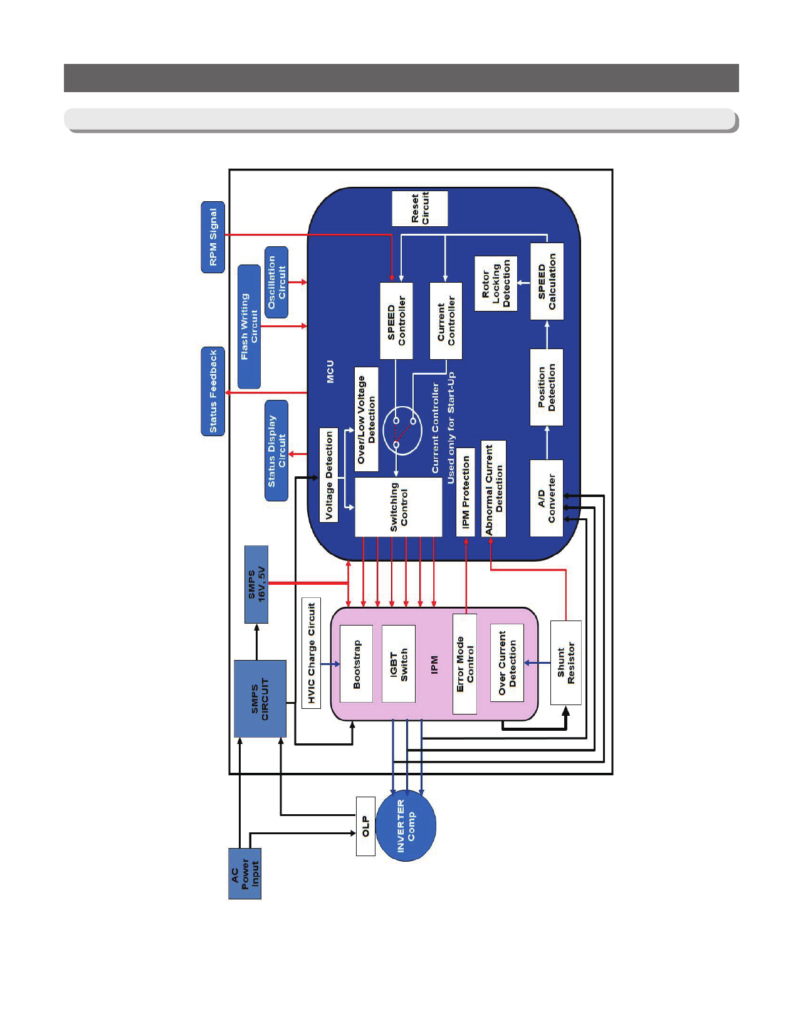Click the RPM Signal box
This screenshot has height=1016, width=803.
point(213,237)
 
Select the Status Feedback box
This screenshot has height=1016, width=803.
point(213,391)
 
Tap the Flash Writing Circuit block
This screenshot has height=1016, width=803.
point(249,327)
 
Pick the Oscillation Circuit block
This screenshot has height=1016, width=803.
point(276,282)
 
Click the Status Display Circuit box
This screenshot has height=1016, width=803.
point(276,451)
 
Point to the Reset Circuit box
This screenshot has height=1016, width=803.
point(420,209)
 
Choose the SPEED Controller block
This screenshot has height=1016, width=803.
point(396,320)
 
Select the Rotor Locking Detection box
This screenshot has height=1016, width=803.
point(496,283)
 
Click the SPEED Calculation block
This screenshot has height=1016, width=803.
point(547,281)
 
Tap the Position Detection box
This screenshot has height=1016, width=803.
point(547,387)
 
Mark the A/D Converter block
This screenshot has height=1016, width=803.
point(547,498)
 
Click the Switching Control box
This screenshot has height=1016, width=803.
point(399,507)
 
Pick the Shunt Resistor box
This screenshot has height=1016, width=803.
point(565,662)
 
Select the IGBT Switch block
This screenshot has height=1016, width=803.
point(399,664)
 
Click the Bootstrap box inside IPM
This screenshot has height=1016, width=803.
point(356,664)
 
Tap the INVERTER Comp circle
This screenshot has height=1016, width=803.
point(406,826)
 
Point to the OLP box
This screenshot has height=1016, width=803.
point(365,826)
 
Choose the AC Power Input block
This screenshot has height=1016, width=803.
point(244,874)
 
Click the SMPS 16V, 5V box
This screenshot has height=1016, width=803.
point(256,584)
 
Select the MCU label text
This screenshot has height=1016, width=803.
point(330,372)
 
